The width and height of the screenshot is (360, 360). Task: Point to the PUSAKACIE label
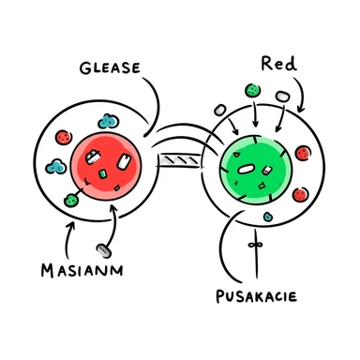[254, 297]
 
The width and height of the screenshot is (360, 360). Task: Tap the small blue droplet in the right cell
[269, 216]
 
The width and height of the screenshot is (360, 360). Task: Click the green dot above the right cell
[252, 91]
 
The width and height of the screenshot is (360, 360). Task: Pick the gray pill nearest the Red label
[281, 95]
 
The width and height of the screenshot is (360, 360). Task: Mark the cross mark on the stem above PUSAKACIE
[252, 246]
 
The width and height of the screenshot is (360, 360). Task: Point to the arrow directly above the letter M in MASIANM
[62, 240]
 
